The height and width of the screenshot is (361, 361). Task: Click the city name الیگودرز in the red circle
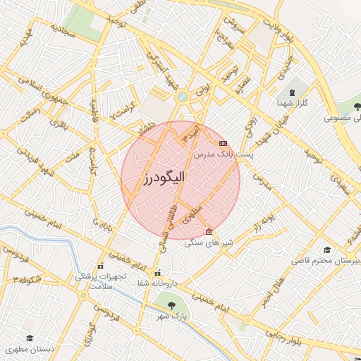click(x=154, y=178)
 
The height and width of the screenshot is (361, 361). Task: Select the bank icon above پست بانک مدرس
click(x=223, y=143)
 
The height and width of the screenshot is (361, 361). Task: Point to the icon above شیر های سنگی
click(x=208, y=232)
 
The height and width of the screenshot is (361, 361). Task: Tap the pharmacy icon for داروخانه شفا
click(x=157, y=273)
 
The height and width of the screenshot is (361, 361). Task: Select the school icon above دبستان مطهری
click(x=29, y=339)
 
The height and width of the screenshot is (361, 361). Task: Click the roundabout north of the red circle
click(x=183, y=97)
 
